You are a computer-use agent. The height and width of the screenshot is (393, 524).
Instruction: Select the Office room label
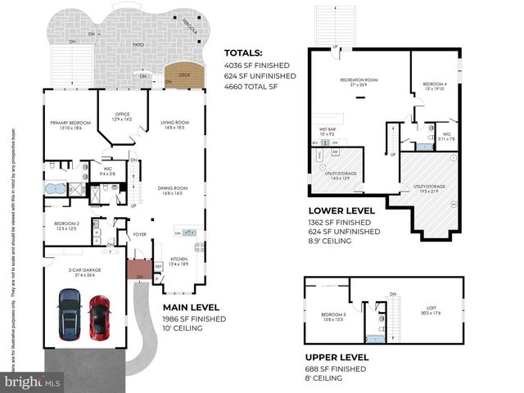click(x=121, y=117)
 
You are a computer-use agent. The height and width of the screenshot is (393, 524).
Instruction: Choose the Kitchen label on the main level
click(x=178, y=260)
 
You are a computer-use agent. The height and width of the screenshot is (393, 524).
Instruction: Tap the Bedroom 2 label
click(x=66, y=225)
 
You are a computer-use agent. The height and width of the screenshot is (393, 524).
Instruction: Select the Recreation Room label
click(x=359, y=81)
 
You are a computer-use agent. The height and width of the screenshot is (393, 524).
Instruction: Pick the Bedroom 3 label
click(x=332, y=316)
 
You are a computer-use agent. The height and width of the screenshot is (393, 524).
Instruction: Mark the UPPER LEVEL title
click(x=337, y=358)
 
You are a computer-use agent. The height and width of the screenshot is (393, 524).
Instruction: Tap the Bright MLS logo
click(x=32, y=382)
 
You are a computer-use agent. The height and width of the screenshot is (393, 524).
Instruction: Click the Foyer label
click(x=139, y=234)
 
